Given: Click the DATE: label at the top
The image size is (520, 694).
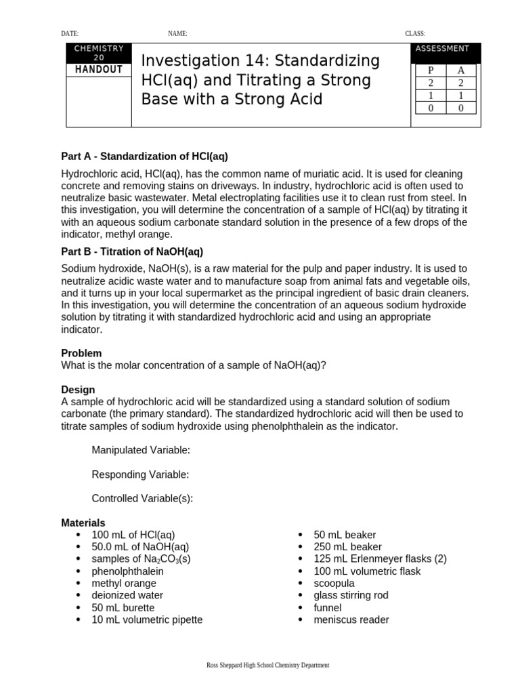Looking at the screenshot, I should pyautogui.click(x=70, y=33).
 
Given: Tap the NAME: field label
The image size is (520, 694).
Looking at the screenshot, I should pyautogui.click(x=177, y=33).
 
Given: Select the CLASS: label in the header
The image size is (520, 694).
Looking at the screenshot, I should pyautogui.click(x=415, y=33).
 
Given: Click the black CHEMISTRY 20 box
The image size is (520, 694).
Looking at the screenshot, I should pyautogui.click(x=99, y=53).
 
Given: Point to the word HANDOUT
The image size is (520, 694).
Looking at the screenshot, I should pyautogui.click(x=99, y=70).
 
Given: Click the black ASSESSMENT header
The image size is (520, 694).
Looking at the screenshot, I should pyautogui.click(x=442, y=49).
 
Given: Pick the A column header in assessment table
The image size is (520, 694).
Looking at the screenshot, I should pyautogui.click(x=461, y=70).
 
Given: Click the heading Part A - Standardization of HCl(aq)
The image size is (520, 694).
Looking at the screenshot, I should pyautogui.click(x=144, y=157).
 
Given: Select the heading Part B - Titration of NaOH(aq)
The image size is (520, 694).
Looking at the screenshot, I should pyautogui.click(x=132, y=251).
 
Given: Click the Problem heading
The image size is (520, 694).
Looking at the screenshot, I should pyautogui.click(x=81, y=353).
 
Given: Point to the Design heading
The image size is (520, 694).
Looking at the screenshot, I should pyautogui.click(x=78, y=390).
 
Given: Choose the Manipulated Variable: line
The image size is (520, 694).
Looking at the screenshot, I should pyautogui.click(x=141, y=450).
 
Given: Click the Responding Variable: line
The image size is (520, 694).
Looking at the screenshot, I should pyautogui.click(x=140, y=474).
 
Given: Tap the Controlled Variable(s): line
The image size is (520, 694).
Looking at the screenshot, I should pyautogui.click(x=142, y=499).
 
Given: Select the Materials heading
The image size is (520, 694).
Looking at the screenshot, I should pyautogui.click(x=83, y=523).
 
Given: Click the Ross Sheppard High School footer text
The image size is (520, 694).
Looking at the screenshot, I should pyautogui.click(x=267, y=666).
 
